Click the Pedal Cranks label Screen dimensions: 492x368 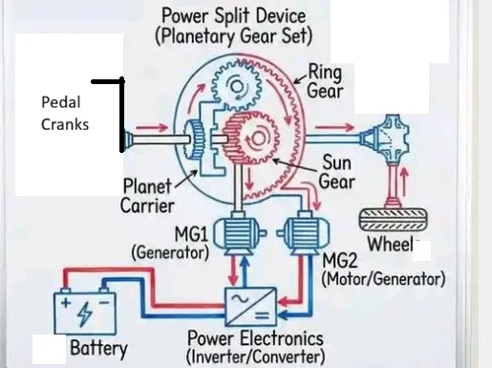(x=65, y=113)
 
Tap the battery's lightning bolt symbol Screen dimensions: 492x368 (x=85, y=314)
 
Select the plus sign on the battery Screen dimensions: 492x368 (x=66, y=302)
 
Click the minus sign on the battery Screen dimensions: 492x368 (x=104, y=302)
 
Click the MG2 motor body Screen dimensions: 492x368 (x=303, y=232)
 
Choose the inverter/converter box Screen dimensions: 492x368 (x=250, y=307)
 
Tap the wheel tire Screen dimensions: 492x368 (x=393, y=219)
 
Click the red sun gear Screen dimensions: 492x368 (x=252, y=139)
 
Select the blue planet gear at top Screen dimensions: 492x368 (x=237, y=85)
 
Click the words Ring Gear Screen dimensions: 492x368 (x=325, y=82)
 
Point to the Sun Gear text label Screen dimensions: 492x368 (x=337, y=172)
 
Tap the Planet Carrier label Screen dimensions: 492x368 (x=147, y=196)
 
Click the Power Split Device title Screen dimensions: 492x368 (x=234, y=27)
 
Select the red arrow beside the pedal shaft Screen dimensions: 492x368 (x=152, y=128)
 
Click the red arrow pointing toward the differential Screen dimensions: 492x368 (x=334, y=127)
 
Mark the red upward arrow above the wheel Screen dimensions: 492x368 (x=404, y=182)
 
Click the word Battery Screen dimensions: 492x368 (x=98, y=348)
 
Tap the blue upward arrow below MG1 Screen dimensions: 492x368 (x=245, y=271)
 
